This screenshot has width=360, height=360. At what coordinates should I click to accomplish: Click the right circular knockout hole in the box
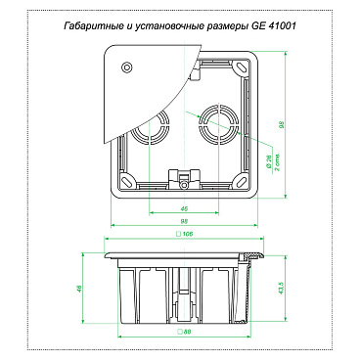coord(214,125)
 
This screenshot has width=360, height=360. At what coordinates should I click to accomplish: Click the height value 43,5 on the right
coord(283,291)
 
